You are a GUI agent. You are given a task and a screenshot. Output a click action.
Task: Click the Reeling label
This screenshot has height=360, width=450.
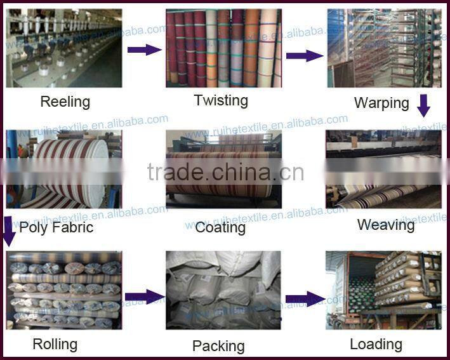(65, 102)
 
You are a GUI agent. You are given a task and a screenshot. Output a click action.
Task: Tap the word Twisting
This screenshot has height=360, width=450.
(221, 100)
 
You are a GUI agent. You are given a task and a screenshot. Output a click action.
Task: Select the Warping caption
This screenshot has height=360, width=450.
(381, 103)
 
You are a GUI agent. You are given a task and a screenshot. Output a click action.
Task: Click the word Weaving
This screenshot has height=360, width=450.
(385, 224)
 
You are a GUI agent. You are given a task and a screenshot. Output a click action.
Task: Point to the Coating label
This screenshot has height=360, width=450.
(220, 227)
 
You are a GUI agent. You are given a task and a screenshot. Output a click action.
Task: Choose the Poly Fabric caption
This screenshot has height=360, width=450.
(56, 227)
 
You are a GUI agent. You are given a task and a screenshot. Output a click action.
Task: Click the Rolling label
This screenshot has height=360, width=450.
(55, 344)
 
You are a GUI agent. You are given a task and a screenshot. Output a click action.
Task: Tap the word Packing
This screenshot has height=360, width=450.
(218, 346)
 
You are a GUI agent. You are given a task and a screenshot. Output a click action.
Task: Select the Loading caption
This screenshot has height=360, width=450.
(376, 344)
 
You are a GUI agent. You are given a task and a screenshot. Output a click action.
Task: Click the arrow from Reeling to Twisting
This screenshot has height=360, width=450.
(144, 49)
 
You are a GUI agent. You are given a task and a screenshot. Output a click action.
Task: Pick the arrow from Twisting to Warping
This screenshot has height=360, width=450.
(304, 55)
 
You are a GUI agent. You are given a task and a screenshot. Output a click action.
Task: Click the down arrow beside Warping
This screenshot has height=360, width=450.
(423, 105)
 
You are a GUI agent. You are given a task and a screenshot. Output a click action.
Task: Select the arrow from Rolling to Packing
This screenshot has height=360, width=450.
(144, 297)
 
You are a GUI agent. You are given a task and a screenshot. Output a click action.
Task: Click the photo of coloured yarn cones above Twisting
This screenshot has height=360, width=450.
(223, 48)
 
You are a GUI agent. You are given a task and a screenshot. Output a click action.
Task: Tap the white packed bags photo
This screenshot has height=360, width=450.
(223, 290)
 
